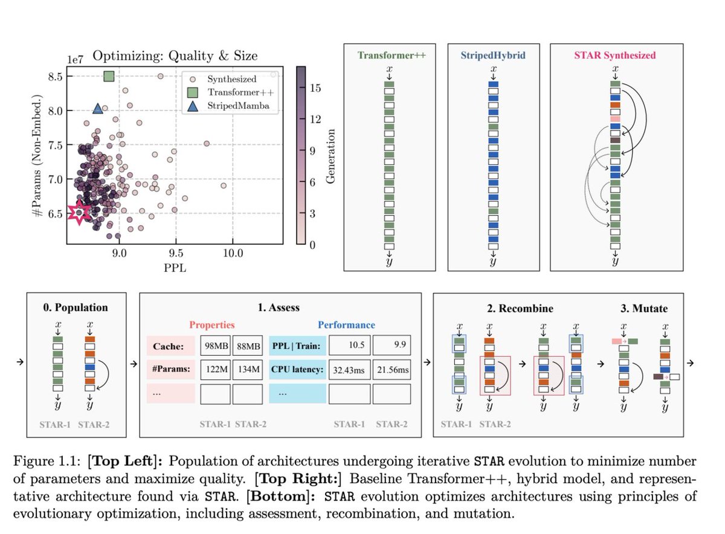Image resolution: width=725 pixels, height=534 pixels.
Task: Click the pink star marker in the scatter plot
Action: point(79,213)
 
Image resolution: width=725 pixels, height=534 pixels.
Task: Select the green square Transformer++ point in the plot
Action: point(109,76)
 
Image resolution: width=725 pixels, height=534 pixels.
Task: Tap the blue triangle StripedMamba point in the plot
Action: point(98,108)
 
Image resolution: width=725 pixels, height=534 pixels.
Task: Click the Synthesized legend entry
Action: point(231,79)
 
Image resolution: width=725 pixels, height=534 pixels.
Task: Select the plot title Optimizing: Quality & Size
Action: point(175,56)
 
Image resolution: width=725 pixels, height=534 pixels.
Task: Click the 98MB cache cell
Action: point(215,347)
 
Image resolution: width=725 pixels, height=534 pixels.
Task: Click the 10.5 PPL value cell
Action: point(349,347)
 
